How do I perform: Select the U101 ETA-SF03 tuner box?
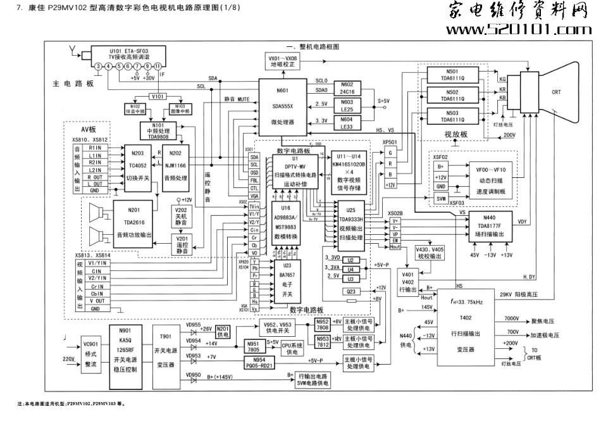pos(124,57)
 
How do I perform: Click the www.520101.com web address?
pos(516,29)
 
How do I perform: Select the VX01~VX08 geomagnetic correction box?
pos(283,61)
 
